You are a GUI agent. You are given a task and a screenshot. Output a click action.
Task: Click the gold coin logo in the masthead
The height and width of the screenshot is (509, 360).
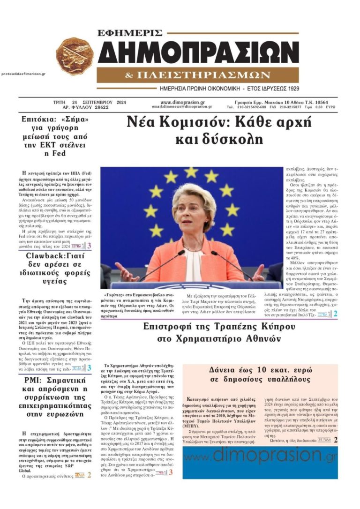click(x=75, y=56)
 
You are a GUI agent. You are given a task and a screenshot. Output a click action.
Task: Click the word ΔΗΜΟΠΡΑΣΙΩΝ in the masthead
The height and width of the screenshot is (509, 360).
click(x=198, y=52)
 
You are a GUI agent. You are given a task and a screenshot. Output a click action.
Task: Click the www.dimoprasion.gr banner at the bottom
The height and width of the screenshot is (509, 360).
click(x=260, y=454)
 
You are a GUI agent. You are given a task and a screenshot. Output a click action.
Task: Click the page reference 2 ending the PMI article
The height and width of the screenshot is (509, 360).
click(x=89, y=475)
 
